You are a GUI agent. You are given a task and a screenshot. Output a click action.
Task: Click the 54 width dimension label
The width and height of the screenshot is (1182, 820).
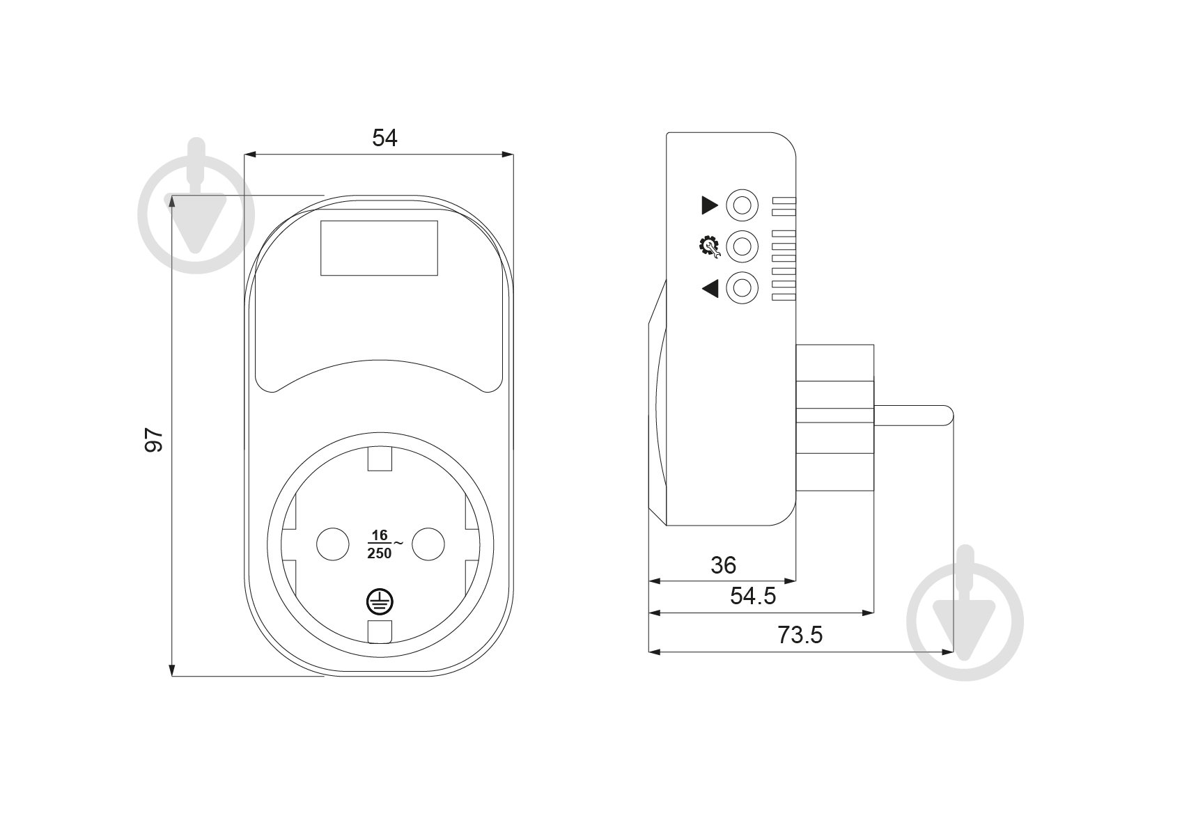click(384, 138)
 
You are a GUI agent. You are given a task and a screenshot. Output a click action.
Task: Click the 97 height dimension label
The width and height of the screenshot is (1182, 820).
click(153, 440)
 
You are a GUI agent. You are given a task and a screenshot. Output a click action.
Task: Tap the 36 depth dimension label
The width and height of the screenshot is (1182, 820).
click(723, 566)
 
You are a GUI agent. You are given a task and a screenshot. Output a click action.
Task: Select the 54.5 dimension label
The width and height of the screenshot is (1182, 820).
click(753, 597)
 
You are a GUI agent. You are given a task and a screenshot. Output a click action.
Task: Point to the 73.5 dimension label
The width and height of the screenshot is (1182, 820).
click(800, 635)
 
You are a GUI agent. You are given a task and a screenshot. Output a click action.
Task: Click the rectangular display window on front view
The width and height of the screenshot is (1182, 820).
click(379, 248)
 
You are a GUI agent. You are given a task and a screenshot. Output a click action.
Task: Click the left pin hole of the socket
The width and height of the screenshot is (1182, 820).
click(332, 544)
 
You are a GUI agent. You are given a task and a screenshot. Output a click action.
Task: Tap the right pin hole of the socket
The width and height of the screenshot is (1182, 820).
click(428, 544)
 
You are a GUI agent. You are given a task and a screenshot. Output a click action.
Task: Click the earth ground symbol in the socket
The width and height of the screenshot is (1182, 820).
click(380, 602)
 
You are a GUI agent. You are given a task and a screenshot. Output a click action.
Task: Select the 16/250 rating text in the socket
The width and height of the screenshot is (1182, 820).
click(384, 544)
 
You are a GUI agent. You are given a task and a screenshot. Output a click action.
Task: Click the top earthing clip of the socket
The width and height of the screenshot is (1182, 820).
click(380, 458)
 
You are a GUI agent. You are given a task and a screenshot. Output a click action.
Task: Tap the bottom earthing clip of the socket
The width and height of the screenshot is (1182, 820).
click(380, 632)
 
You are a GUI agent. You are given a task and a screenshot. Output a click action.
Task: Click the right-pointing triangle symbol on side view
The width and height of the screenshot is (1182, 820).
click(710, 205)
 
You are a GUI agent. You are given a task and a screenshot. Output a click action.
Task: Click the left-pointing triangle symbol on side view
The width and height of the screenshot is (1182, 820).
click(710, 288)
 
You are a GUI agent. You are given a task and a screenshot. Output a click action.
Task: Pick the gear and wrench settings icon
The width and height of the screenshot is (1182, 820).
click(709, 247)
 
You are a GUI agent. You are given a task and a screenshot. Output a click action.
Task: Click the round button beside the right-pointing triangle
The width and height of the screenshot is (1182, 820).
click(742, 205)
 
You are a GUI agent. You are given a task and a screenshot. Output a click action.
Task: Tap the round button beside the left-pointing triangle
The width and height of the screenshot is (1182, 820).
click(742, 288)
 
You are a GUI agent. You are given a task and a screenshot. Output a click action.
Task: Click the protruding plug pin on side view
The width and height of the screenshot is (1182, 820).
click(913, 414)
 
